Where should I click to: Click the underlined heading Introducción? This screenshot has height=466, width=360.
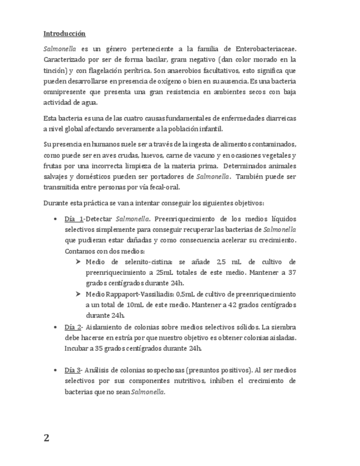[64, 34]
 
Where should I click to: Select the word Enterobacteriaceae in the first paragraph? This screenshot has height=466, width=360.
[264, 48]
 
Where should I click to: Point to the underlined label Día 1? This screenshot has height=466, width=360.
[74, 219]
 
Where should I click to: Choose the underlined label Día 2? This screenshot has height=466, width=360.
[74, 326]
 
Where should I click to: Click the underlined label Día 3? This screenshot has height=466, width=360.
[74, 370]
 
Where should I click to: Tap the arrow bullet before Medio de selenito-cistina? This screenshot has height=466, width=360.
[79, 262]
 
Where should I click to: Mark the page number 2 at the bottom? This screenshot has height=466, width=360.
[47, 438]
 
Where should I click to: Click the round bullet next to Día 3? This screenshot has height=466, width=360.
[56, 370]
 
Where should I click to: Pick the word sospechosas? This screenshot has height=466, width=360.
[159, 370]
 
